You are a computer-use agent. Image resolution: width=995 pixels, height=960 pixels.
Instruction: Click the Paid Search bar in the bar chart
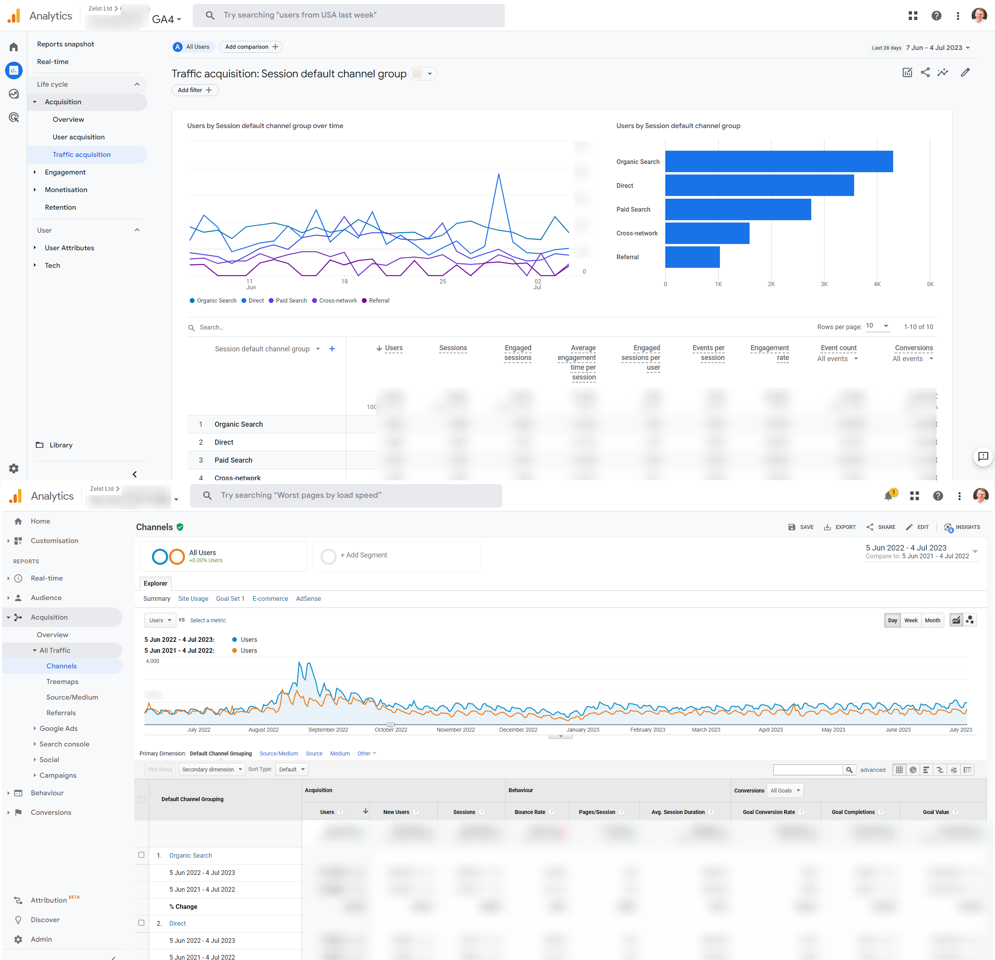tap(737, 209)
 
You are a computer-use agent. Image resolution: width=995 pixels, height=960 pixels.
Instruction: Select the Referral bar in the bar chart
tap(692, 257)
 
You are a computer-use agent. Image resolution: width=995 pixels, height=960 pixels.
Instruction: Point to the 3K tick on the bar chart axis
tap(824, 284)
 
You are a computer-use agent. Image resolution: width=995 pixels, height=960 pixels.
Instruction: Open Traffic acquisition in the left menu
tap(81, 155)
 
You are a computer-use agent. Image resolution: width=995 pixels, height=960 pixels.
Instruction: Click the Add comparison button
tap(251, 47)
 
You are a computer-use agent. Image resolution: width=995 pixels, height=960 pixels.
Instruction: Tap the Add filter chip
tap(194, 90)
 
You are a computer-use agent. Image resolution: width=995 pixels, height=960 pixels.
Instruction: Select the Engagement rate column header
tap(769, 353)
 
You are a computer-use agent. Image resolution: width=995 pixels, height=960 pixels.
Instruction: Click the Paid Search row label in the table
tap(233, 460)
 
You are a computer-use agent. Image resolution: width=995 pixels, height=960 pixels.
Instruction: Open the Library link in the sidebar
tap(61, 445)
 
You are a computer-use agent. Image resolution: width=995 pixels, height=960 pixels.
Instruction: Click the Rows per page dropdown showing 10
tap(877, 326)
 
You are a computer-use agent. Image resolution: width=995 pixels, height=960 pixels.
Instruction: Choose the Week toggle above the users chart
tap(911, 620)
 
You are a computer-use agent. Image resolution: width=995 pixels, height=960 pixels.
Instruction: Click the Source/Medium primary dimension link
tap(279, 753)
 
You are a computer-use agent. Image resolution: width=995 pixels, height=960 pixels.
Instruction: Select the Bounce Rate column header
tap(529, 812)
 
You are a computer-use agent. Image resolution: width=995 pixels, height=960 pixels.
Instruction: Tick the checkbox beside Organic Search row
tap(141, 855)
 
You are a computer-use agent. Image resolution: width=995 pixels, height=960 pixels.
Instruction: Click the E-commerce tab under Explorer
tap(270, 598)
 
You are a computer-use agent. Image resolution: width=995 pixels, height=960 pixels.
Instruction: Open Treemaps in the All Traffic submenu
tap(62, 682)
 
